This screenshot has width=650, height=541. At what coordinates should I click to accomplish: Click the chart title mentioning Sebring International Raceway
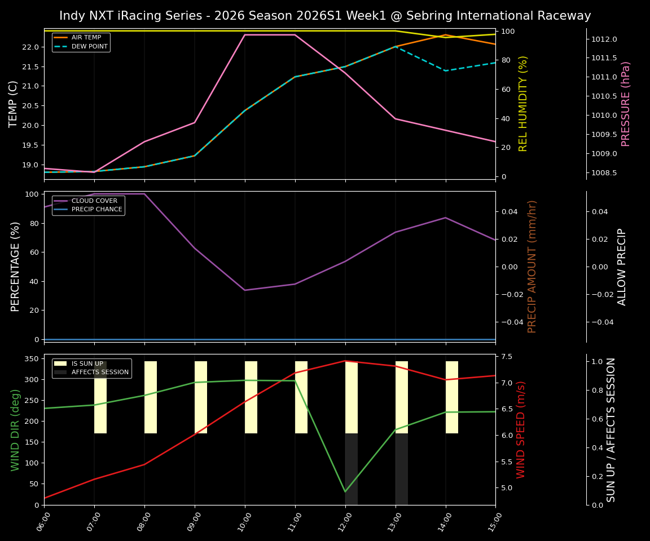325,16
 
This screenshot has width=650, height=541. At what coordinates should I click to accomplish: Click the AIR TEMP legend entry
86,38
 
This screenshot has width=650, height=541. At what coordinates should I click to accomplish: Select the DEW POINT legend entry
89,47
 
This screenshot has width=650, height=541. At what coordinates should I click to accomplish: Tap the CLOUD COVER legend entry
94,201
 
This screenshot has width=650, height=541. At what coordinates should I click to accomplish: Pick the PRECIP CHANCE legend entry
96,210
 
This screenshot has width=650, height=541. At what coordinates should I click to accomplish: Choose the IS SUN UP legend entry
87,364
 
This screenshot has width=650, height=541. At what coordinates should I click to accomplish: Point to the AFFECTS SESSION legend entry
100,373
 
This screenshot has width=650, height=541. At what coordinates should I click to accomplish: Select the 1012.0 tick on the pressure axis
604,39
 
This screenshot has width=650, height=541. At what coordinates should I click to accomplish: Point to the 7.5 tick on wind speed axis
506,357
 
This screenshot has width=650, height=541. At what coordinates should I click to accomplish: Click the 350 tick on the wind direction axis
31,358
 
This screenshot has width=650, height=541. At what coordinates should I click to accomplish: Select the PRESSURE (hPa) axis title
626,104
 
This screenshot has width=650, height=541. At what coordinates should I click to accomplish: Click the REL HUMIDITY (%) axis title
523,104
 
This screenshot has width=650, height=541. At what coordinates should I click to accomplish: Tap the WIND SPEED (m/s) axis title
521,429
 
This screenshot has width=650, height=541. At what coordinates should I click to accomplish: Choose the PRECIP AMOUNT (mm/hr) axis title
532,267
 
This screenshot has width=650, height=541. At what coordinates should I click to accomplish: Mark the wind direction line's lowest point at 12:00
345,491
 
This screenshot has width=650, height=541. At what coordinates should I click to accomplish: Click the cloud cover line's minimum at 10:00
245,290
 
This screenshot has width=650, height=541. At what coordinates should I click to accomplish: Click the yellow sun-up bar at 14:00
452,397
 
